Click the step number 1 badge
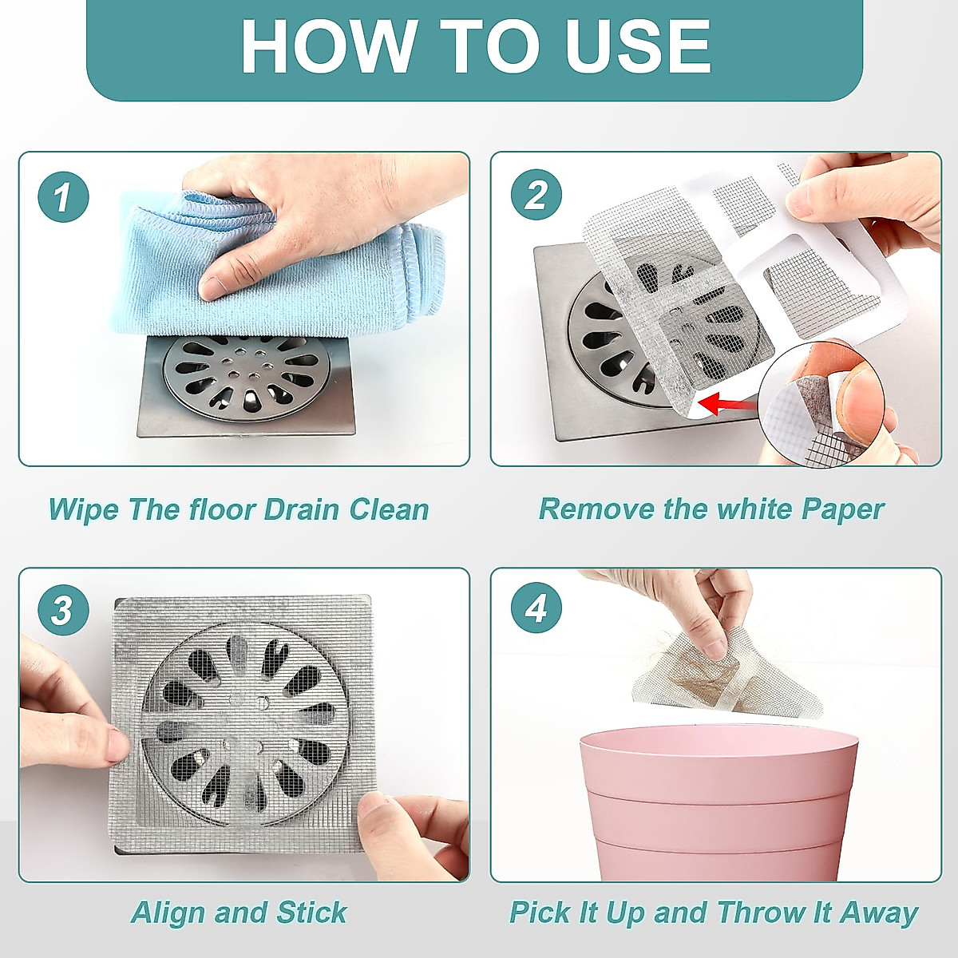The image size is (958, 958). click(63, 196)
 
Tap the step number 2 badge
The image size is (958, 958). click(536, 195)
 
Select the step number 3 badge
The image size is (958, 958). click(63, 609)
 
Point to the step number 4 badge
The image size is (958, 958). click(536, 608)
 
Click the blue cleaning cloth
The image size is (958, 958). click(279, 263)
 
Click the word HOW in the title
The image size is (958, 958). click(327, 46)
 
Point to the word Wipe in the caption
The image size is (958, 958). click(84, 509)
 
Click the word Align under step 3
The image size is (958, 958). click(168, 913)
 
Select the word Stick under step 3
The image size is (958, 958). click(311, 912)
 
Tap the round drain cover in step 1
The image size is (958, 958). click(247, 376)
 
